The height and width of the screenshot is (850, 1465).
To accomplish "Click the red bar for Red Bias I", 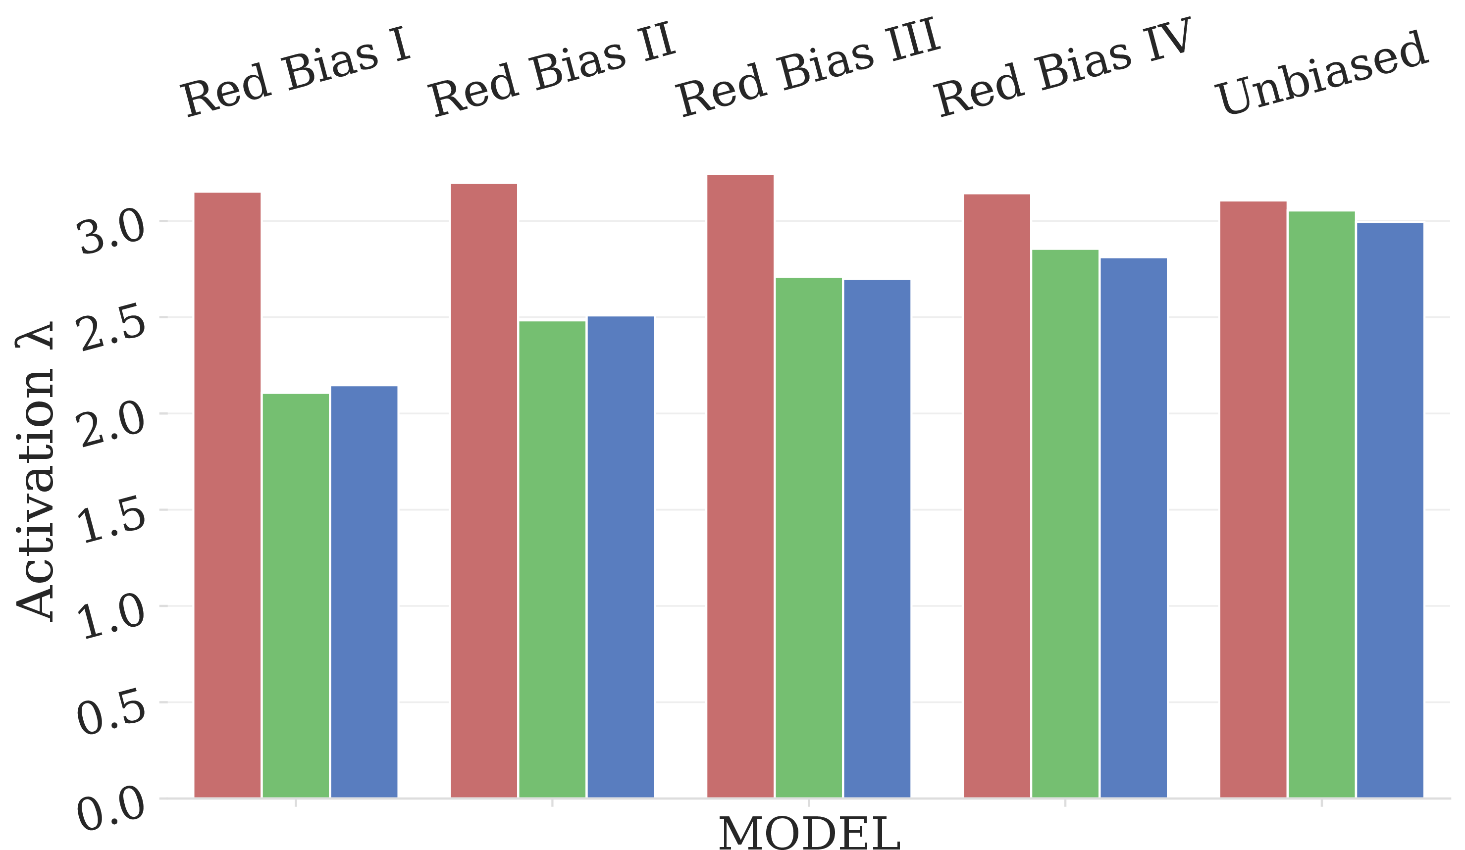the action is pyautogui.click(x=227, y=495).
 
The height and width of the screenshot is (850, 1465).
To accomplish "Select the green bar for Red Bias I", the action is pyautogui.click(x=296, y=596).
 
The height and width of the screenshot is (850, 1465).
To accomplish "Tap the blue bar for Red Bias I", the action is pyautogui.click(x=365, y=592).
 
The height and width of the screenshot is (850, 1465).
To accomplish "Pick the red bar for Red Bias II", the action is pyautogui.click(x=484, y=491).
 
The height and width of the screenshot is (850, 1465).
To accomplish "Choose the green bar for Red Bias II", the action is pyautogui.click(x=552, y=559).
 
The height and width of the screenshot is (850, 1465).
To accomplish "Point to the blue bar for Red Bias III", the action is pyautogui.click(x=877, y=539).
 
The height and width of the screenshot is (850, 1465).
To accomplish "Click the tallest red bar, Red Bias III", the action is pyautogui.click(x=740, y=486).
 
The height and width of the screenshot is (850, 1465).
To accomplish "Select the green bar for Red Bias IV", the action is pyautogui.click(x=1066, y=523).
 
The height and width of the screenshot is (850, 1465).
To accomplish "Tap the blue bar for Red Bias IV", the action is pyautogui.click(x=1134, y=528).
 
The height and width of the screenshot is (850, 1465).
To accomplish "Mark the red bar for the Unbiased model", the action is pyautogui.click(x=1254, y=500).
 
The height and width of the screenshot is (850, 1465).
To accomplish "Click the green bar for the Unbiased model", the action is pyautogui.click(x=1322, y=504).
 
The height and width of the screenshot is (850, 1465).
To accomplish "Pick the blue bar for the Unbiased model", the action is pyautogui.click(x=1391, y=510).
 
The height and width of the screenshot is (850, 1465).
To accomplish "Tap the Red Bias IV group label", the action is pyautogui.click(x=1063, y=67).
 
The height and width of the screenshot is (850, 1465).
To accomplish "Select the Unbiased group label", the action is pyautogui.click(x=1321, y=73).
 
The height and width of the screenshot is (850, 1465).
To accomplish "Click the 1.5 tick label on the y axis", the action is pyautogui.click(x=111, y=519).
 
